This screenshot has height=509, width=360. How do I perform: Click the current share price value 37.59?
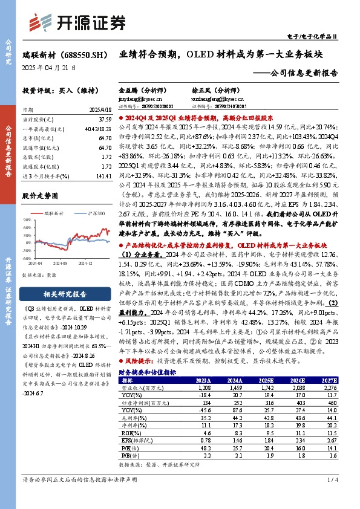point(104,119)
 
